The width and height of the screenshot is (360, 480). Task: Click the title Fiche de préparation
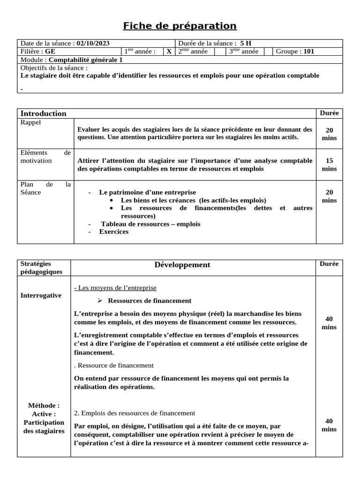tap(180, 26)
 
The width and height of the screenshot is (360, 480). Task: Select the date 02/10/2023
tap(93, 44)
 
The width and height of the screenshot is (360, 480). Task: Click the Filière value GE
tap(50, 52)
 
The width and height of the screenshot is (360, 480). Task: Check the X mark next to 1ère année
tap(169, 52)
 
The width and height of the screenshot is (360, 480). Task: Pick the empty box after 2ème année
tap(219, 52)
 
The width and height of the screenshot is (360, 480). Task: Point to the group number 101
tap(309, 52)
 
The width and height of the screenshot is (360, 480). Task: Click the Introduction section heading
tap(43, 113)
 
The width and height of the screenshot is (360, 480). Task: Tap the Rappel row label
tap(31, 122)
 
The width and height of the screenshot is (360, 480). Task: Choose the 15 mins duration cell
tap(329, 165)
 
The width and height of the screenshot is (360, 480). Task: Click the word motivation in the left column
tap(37, 161)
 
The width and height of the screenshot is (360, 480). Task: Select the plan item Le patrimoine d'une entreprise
tap(147, 192)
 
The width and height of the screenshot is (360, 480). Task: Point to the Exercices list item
tap(113, 232)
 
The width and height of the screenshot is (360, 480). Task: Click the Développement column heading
tap(182, 265)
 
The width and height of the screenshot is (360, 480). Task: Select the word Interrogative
tap(41, 295)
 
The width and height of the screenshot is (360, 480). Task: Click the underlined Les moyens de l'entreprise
tap(115, 287)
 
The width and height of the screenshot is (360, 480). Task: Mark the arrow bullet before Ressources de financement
tap(100, 300)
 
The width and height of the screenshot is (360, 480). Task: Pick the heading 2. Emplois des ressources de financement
tap(135, 413)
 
